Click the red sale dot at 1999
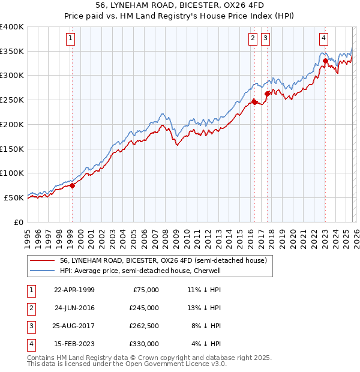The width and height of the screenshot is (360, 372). click(x=73, y=185)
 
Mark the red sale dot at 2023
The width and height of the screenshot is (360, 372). click(x=325, y=60)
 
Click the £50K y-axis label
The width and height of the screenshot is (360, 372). click(x=14, y=197)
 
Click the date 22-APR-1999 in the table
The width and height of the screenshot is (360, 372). click(x=74, y=290)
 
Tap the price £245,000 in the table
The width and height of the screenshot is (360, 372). click(x=144, y=308)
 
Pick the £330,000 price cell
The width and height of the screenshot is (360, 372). click(x=144, y=344)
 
